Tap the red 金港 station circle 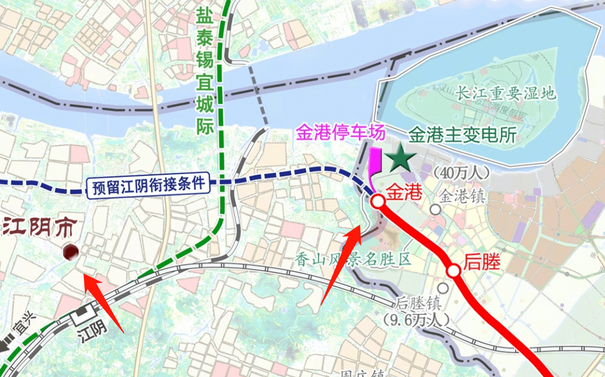pos(378,202)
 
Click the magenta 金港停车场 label pos(341,133)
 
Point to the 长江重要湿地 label pos(506,93)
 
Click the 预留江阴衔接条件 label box pos(149,185)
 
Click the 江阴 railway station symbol pos(81,316)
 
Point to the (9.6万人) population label pos(417,319)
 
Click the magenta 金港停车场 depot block pos(375,161)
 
